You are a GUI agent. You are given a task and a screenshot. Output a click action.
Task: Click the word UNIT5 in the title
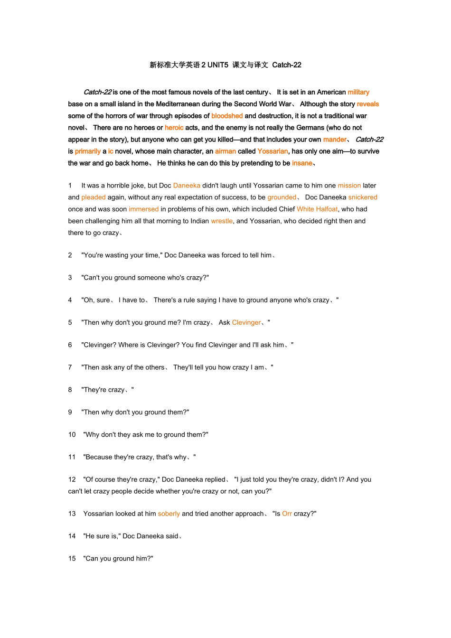point(217,65)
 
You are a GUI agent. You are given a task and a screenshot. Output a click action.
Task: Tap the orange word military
point(358,92)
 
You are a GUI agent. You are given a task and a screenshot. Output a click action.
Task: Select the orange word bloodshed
point(227,116)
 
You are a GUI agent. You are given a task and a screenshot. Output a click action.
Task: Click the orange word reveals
point(368,104)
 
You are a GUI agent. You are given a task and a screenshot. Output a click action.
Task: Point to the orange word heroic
point(174,128)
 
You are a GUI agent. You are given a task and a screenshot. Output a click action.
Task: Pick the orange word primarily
point(88,151)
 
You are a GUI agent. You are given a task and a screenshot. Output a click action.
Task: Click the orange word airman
point(225,151)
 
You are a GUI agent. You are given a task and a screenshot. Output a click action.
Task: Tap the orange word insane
point(302,163)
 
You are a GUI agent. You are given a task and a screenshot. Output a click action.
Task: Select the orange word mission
point(349,186)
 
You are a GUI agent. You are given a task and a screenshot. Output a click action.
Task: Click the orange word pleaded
point(94,197)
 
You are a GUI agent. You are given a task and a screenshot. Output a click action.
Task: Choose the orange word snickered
point(363,197)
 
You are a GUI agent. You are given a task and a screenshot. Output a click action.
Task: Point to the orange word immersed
point(144,209)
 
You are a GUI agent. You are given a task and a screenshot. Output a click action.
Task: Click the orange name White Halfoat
point(317,209)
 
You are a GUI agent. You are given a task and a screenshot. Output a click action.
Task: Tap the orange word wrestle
point(222,221)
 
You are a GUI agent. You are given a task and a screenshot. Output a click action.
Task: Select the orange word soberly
point(169,514)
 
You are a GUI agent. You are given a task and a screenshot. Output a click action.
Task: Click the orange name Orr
point(287,514)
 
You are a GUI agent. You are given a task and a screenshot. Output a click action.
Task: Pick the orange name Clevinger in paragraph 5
point(246,323)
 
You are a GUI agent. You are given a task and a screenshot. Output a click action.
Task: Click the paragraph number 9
point(70,413)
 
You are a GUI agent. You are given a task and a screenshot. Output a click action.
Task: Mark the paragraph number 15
point(72,559)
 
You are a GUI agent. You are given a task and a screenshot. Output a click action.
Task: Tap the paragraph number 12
point(72,480)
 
